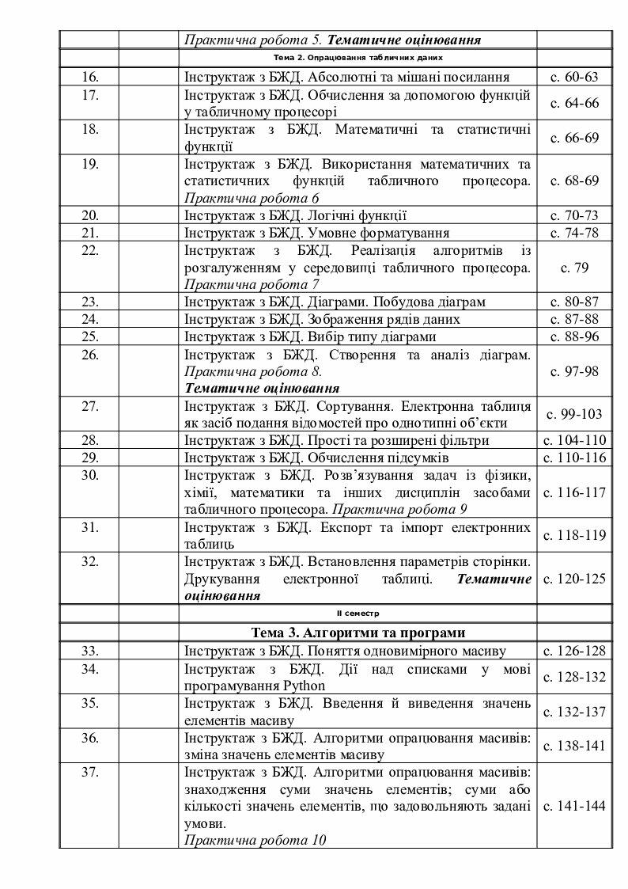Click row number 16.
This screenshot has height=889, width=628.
tap(89, 77)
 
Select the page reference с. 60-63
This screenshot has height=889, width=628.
tap(574, 77)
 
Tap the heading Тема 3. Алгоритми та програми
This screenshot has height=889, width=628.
tap(358, 633)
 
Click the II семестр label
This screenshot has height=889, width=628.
tap(358, 614)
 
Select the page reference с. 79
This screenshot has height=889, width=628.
tap(574, 268)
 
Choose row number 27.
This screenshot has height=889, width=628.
tap(89, 406)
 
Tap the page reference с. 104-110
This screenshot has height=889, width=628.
tap(574, 440)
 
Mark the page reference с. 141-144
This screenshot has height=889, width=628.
tap(574, 806)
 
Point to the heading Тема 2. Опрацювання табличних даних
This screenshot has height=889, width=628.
tap(358, 58)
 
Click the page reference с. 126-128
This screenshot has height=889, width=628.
tap(574, 651)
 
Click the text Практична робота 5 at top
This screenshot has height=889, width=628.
tap(253, 39)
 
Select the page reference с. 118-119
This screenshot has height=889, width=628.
tap(574, 535)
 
